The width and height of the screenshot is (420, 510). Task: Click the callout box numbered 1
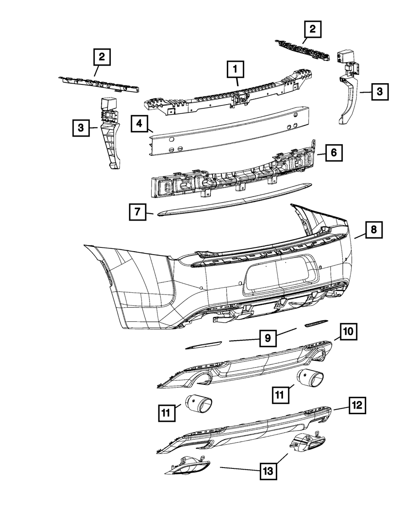[235, 69]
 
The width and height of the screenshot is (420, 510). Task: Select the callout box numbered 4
[139, 124]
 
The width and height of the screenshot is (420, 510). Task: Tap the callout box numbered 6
[334, 153]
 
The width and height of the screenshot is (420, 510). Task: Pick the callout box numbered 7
[137, 212]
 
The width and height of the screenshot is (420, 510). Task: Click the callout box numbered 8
[374, 230]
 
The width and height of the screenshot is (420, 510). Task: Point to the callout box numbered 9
[268, 338]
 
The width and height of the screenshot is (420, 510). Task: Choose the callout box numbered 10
[348, 332]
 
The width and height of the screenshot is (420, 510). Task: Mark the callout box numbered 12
[357, 405]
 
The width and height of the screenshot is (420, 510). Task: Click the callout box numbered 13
[268, 471]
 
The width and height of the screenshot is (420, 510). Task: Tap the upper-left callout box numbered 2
[102, 57]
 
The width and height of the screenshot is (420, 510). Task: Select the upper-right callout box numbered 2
[312, 29]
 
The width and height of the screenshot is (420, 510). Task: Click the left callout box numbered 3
[81, 128]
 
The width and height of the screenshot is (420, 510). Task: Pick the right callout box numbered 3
[380, 92]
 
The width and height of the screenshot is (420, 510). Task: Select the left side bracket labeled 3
[110, 133]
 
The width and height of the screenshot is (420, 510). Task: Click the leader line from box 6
[321, 154]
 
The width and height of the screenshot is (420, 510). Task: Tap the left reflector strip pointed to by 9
[203, 345]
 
